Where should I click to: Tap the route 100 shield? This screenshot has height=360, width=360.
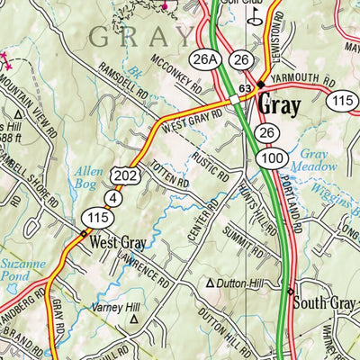pos(263,159)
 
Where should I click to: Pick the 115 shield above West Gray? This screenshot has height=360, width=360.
pos(96,217)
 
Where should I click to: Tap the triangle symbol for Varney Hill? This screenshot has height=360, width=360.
pos(135,319)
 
